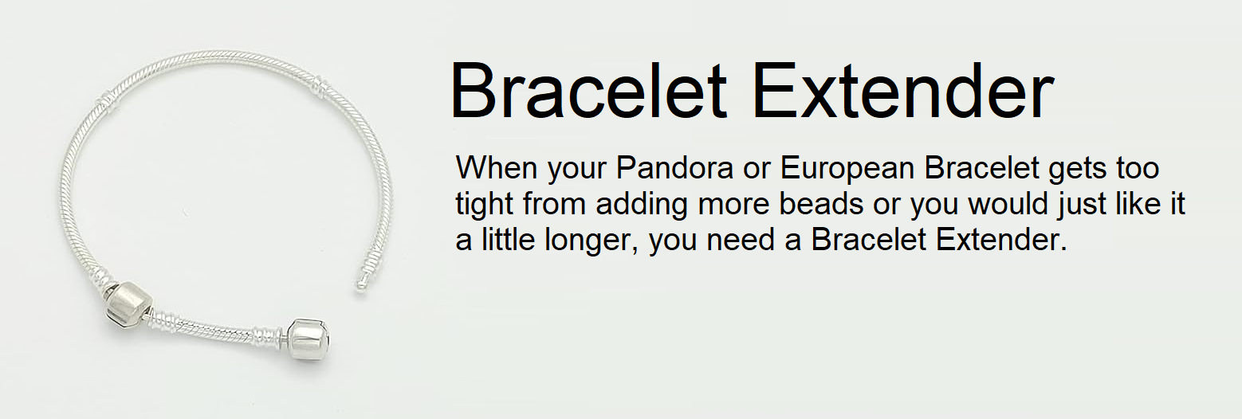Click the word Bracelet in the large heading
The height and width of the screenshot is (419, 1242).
point(589,91)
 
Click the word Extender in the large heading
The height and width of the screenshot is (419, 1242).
point(902,91)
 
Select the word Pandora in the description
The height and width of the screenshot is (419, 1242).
point(674,167)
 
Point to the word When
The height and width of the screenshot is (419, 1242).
point(497,167)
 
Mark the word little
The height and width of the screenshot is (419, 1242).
point(509,240)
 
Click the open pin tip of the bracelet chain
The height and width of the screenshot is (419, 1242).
point(360,287)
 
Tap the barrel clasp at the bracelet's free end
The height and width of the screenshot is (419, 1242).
point(309,338)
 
